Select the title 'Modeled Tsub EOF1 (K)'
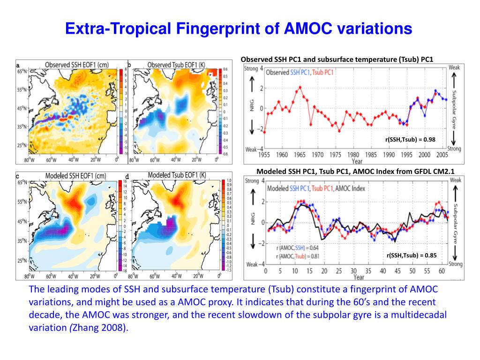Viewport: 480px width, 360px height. tap(177, 175)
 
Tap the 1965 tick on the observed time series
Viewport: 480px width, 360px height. tap(300, 155)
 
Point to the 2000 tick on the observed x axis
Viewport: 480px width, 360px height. tap(424, 155)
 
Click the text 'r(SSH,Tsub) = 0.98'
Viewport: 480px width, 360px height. tap(411, 139)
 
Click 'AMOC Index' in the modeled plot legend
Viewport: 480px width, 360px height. tap(351, 188)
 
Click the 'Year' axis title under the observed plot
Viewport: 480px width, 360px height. tap(357, 161)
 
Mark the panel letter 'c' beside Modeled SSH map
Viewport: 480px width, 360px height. tap(17, 176)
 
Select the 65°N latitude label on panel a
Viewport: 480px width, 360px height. tap(22, 72)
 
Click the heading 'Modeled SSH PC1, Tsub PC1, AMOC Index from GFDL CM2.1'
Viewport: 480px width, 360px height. tap(356, 171)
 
